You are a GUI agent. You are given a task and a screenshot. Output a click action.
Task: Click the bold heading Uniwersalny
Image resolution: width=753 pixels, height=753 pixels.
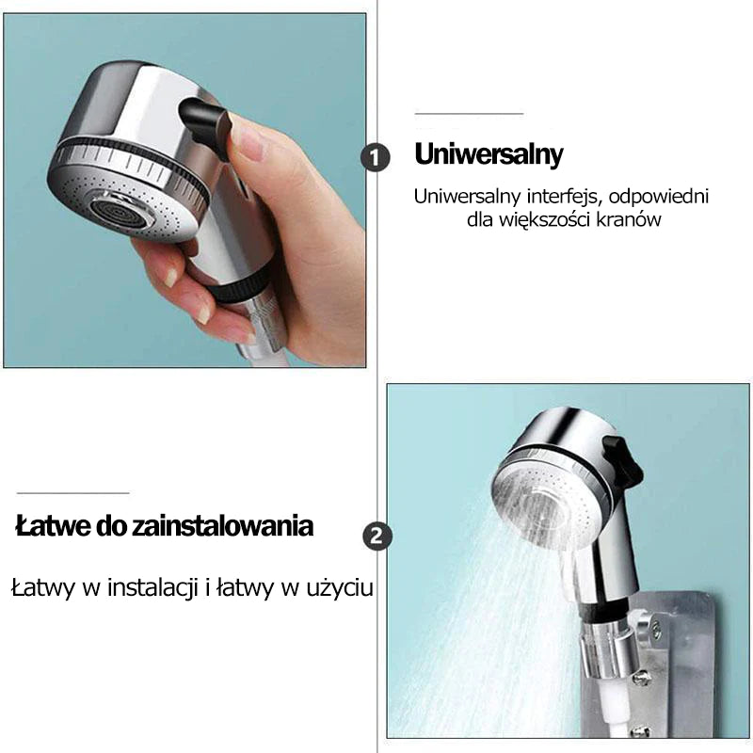click(x=489, y=154)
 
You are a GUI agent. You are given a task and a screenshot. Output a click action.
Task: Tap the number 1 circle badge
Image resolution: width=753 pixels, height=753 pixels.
click(x=375, y=157)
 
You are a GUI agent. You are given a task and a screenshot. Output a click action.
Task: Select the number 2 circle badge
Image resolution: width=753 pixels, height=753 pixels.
click(x=377, y=536)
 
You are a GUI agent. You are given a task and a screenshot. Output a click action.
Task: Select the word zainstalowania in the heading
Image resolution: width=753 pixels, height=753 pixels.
click(x=223, y=526)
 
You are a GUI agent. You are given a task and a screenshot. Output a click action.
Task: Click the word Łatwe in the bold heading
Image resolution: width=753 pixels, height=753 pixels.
click(x=53, y=526)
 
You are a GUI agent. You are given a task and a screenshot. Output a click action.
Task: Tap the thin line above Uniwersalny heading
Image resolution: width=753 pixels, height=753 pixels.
click(x=469, y=114)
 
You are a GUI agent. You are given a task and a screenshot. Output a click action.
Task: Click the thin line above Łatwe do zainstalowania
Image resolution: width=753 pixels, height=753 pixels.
click(x=73, y=492)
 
